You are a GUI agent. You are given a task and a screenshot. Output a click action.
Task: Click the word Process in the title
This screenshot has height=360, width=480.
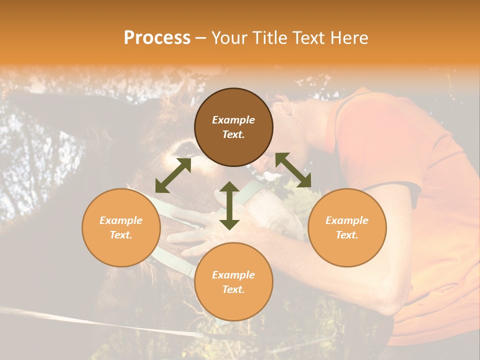point(157,38)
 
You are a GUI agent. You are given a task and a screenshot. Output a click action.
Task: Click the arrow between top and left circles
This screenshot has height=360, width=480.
point(173,175)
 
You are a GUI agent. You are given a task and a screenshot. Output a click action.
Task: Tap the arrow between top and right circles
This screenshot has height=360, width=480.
point(293,170)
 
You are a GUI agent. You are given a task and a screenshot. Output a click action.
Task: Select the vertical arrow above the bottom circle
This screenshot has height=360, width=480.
point(229,205)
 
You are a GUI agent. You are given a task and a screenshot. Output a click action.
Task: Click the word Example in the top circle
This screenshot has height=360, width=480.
point(233,120)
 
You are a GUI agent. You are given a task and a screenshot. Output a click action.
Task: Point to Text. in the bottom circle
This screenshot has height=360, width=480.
point(233,289)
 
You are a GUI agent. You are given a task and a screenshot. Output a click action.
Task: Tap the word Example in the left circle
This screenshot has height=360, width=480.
point(121,220)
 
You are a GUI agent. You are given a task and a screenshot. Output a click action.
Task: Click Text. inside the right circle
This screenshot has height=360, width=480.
point(347,235)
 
